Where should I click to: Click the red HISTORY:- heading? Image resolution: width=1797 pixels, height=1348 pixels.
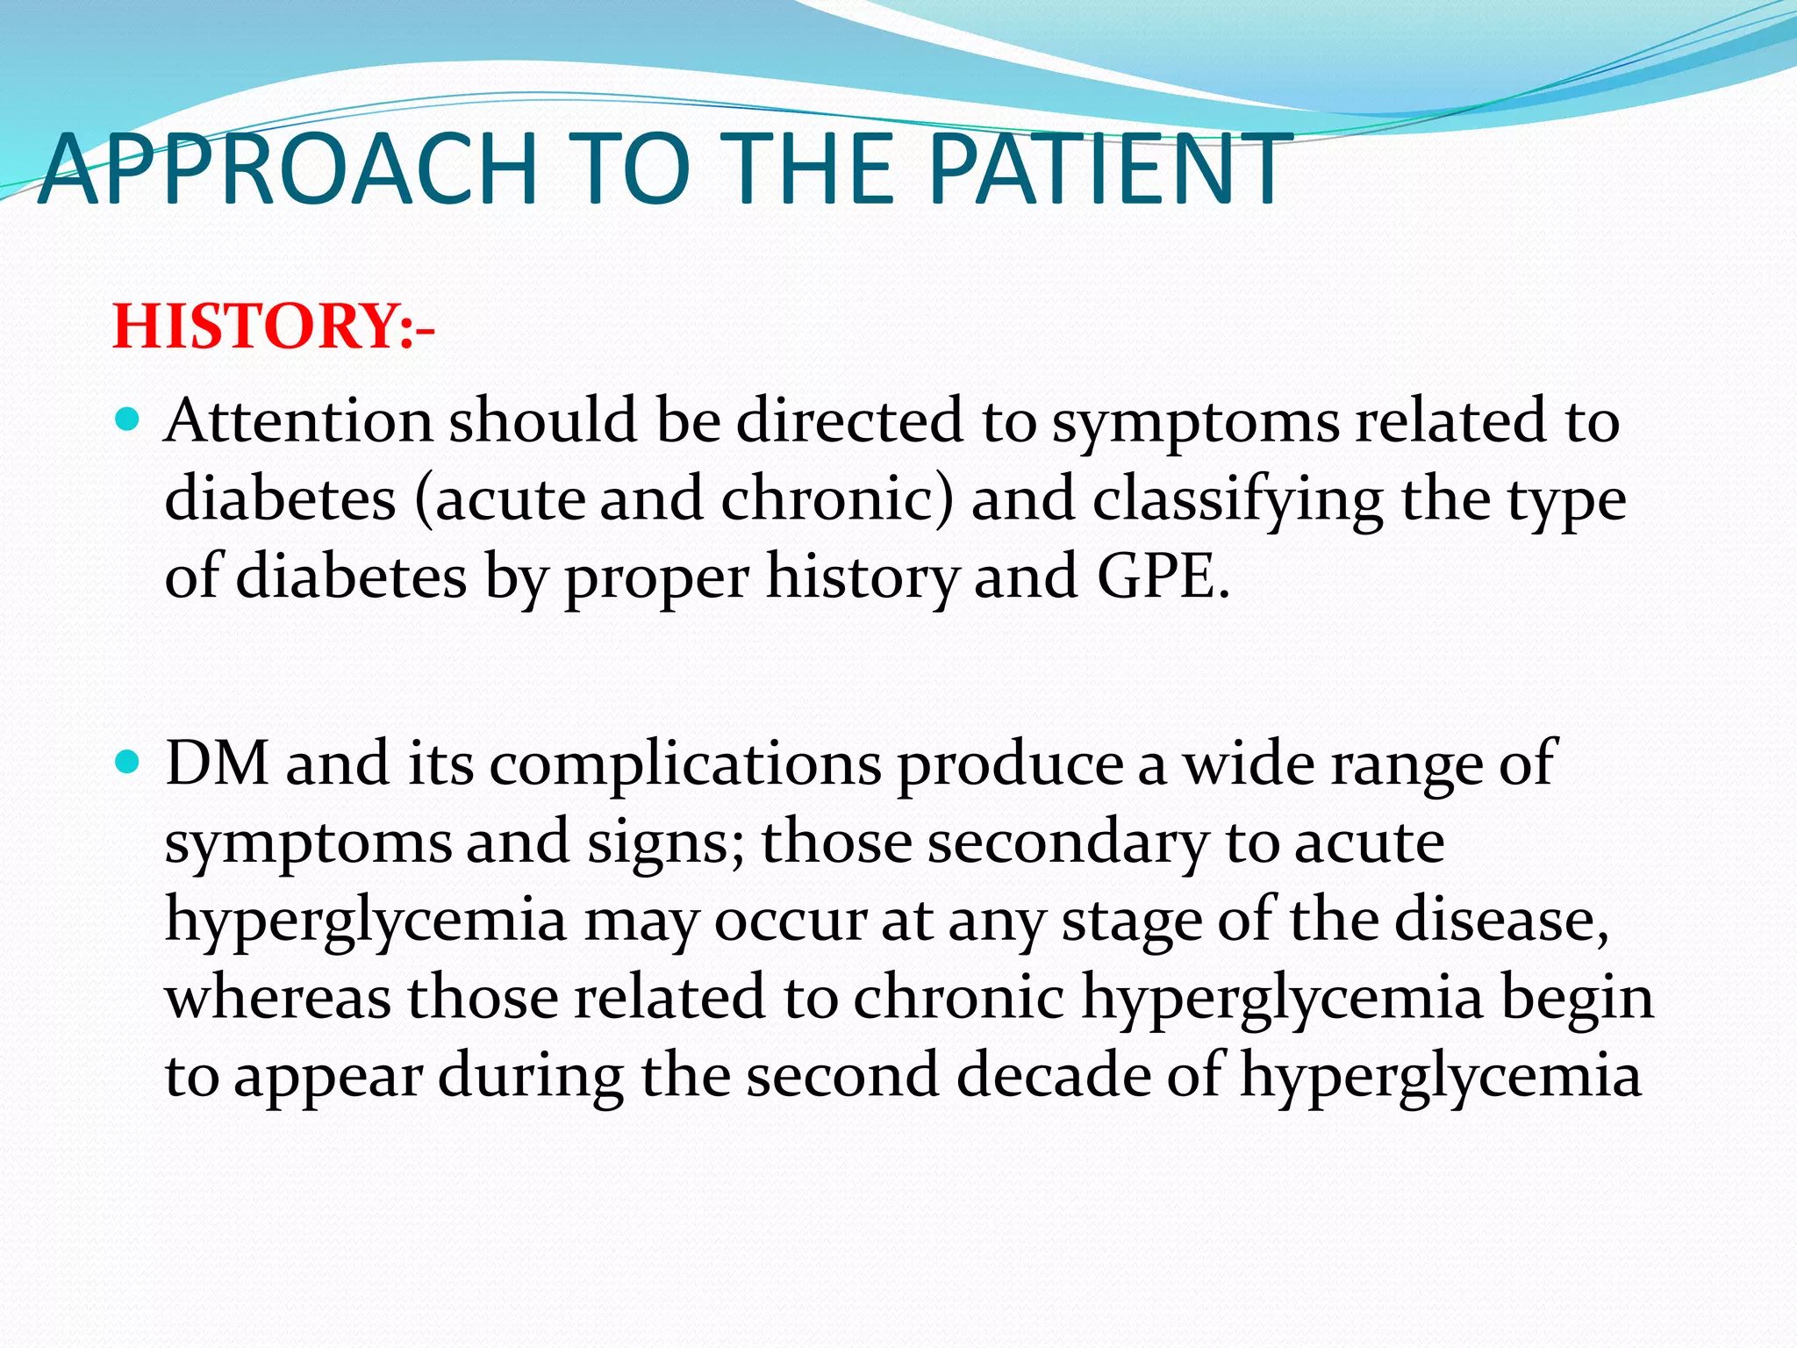coord(273,326)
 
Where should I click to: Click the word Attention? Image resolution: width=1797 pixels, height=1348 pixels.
coord(298,420)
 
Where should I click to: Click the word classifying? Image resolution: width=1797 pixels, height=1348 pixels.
coord(1238,498)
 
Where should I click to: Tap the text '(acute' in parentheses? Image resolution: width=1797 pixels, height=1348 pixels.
coord(499,498)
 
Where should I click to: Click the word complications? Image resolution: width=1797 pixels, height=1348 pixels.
coord(684,764)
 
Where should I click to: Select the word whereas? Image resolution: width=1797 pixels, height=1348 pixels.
coord(277,998)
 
